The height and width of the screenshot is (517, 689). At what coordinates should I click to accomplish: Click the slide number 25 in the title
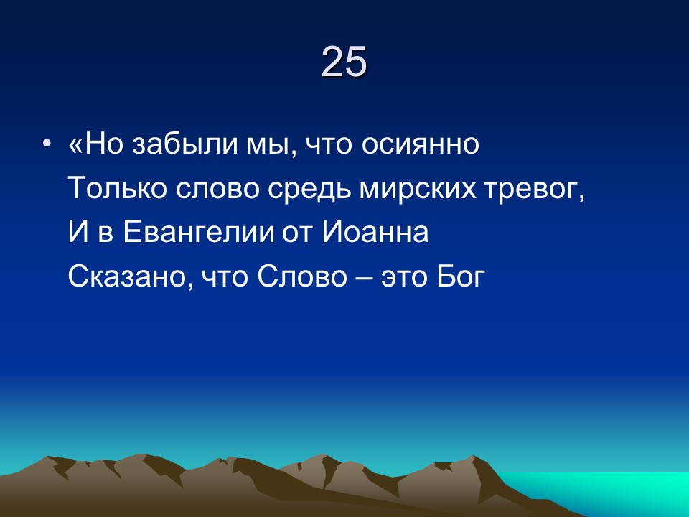(x=344, y=62)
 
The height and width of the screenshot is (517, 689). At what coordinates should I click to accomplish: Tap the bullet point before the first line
(x=47, y=145)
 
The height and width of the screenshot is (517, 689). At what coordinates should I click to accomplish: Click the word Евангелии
(x=198, y=233)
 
